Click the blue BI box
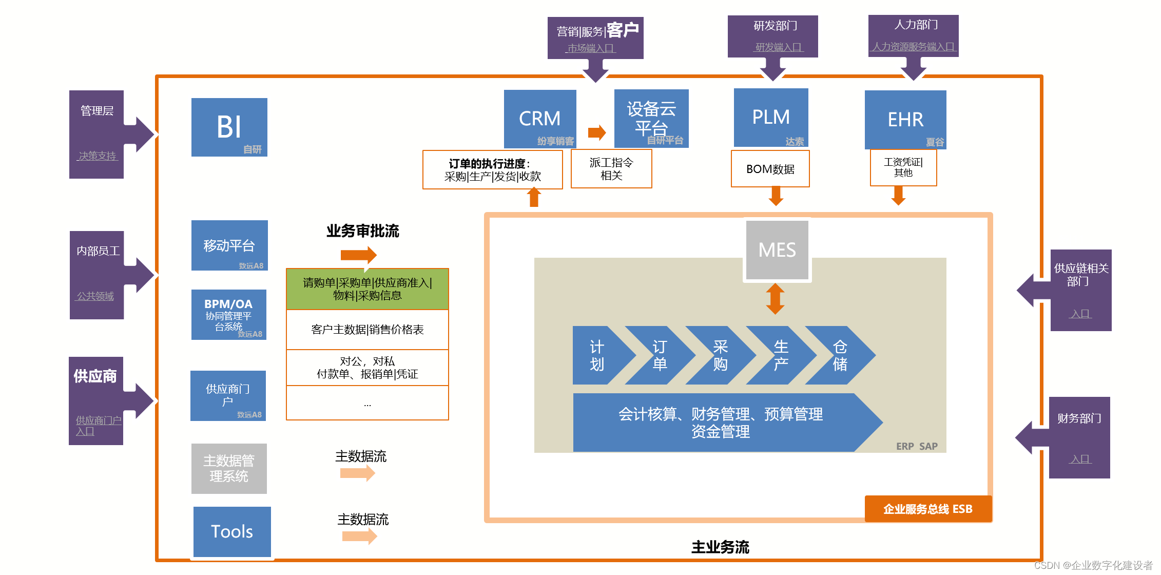[x=229, y=127]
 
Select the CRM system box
[x=539, y=119]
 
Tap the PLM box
[x=770, y=117]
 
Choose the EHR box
[x=905, y=120]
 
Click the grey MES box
[x=777, y=250]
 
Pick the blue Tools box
[x=232, y=531]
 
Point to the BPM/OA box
[x=228, y=314]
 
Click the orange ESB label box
[x=927, y=509]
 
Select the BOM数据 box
[x=770, y=169]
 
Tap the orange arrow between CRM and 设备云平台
[x=596, y=132]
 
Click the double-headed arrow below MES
[x=775, y=299]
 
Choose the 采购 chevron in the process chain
[x=719, y=355]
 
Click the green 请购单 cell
[x=367, y=289]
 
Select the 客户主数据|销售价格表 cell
[x=367, y=330]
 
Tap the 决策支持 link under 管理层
[x=97, y=156]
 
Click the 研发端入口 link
[x=778, y=47]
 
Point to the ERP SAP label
[x=917, y=446]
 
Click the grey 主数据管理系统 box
[x=229, y=468]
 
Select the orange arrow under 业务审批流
[x=358, y=255]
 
